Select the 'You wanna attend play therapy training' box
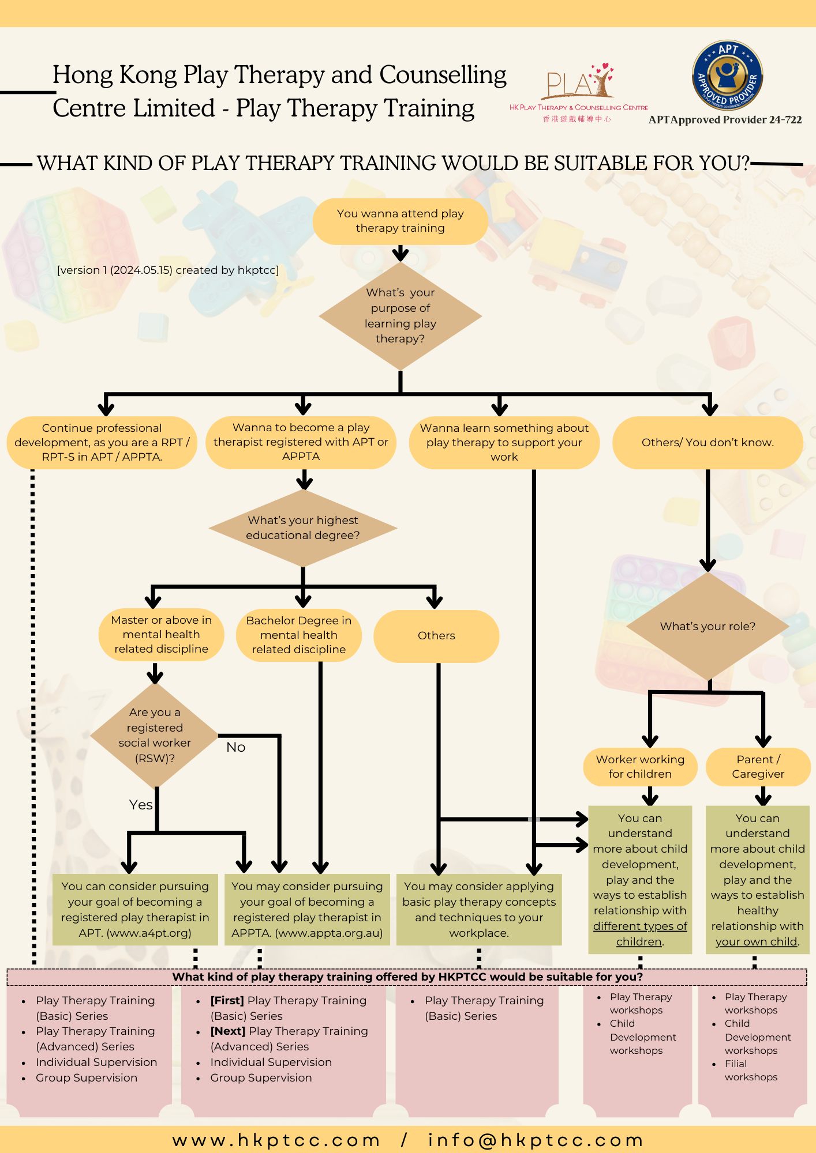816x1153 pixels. [x=400, y=221]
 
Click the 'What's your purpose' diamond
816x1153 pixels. [x=400, y=316]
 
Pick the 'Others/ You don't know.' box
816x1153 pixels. [x=708, y=443]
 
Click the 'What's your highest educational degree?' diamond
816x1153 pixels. [x=303, y=528]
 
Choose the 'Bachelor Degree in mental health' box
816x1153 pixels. [x=298, y=635]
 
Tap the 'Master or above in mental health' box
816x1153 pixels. [x=161, y=635]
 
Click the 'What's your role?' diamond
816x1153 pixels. [x=708, y=627]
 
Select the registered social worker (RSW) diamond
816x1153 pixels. [x=155, y=736]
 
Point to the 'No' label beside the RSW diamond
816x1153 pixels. [x=236, y=748]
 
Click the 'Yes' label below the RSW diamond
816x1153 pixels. [x=141, y=805]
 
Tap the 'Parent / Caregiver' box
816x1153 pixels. [x=758, y=767]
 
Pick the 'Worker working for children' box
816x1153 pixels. [x=640, y=767]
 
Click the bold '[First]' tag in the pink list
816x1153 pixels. [x=227, y=1001]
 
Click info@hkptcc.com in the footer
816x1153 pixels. [x=535, y=1140]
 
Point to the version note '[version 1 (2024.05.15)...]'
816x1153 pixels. [x=168, y=270]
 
